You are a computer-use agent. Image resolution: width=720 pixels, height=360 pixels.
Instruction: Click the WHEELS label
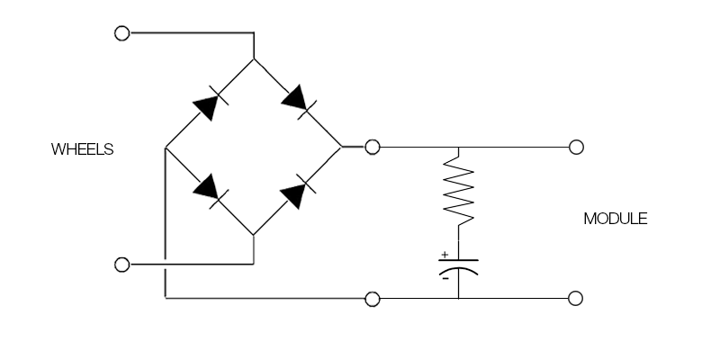83,149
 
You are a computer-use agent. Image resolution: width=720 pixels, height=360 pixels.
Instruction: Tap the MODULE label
616,219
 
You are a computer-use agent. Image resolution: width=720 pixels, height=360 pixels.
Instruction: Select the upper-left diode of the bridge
208,104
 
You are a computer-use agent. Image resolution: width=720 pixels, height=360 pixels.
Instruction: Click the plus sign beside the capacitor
445,255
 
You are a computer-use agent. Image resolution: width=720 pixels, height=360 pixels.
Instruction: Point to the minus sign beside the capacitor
445,278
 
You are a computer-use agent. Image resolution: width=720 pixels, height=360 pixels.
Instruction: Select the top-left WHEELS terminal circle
122,33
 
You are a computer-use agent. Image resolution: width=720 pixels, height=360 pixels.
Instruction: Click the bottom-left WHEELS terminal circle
122,265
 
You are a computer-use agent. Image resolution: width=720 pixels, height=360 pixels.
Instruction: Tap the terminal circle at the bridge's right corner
372,147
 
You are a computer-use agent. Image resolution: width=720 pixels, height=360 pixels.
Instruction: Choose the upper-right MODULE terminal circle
576,147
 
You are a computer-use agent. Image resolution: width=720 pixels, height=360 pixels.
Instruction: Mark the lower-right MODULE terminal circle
576,298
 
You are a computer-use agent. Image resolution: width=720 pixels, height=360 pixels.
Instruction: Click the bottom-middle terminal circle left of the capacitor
372,298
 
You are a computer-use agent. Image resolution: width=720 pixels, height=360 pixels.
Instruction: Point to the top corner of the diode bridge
254,59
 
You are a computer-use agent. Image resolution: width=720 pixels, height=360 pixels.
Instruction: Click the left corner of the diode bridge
166,147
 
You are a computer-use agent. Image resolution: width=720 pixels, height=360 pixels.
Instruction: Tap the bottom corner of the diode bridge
254,234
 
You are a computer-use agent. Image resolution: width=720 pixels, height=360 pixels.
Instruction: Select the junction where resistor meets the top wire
459,147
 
